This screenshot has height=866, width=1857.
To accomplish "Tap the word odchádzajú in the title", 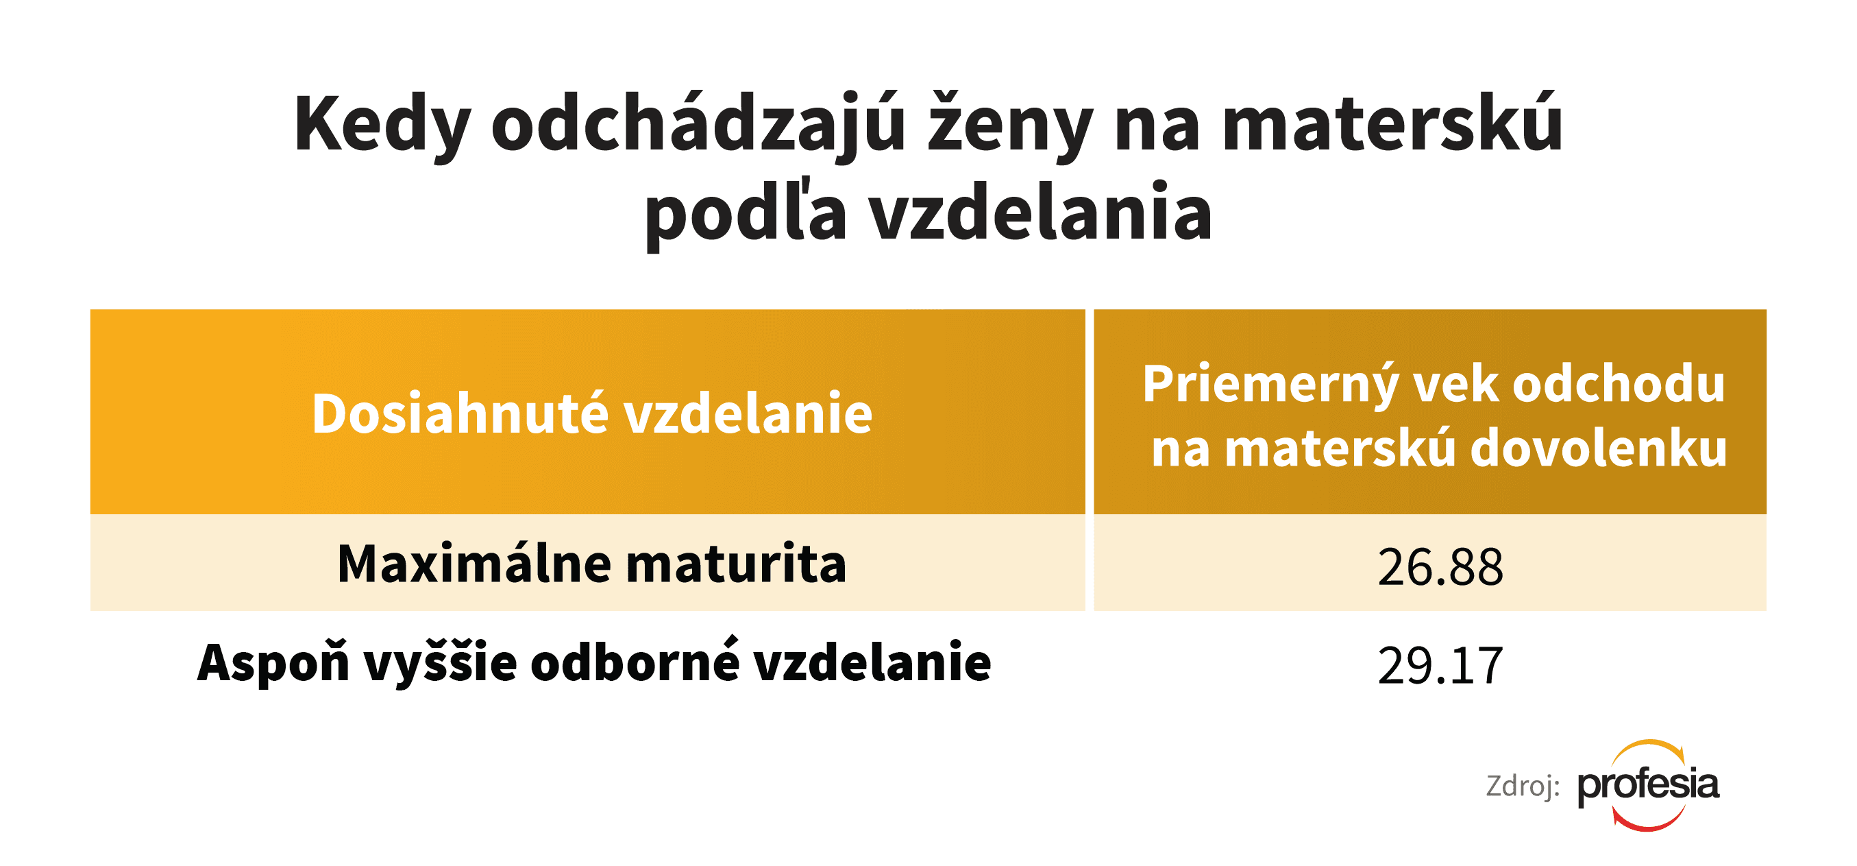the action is pyautogui.click(x=698, y=125).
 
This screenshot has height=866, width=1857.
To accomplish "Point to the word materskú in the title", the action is pyautogui.click(x=1392, y=123).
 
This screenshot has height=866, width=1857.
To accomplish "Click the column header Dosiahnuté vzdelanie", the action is pyautogui.click(x=592, y=414).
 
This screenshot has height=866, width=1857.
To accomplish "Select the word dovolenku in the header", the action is pyautogui.click(x=1598, y=448).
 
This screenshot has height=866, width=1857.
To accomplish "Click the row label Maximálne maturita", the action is pyautogui.click(x=592, y=563).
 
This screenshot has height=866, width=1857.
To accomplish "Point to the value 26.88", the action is pyautogui.click(x=1440, y=567).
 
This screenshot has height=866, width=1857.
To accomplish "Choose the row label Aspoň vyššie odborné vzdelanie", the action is pyautogui.click(x=594, y=662).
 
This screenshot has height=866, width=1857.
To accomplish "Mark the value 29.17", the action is pyautogui.click(x=1440, y=666).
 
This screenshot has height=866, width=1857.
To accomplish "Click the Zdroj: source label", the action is pyautogui.click(x=1523, y=786).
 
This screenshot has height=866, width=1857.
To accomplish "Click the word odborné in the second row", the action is pyautogui.click(x=635, y=660).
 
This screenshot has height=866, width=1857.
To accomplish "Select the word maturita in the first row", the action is pyautogui.click(x=736, y=563).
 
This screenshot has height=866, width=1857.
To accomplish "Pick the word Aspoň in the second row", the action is pyautogui.click(x=273, y=662).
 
